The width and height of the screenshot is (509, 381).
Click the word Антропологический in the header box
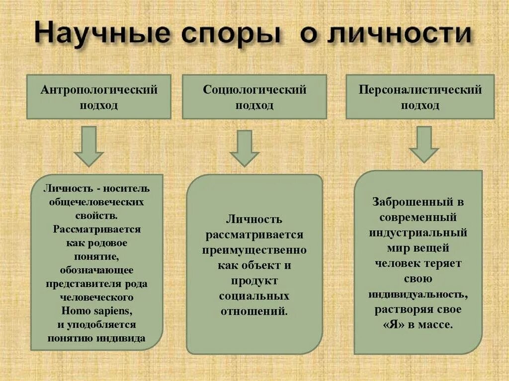click(x=99, y=90)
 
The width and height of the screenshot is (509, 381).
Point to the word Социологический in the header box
click(x=254, y=90)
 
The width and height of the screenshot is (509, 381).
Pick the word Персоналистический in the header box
click(x=420, y=90)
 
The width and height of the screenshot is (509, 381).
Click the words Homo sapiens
click(x=97, y=311)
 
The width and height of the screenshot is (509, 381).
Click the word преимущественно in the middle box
click(x=254, y=250)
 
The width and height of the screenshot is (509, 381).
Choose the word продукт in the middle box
click(x=254, y=281)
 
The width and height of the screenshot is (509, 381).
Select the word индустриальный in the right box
click(x=418, y=232)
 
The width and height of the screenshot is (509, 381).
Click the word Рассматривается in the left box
click(x=97, y=229)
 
